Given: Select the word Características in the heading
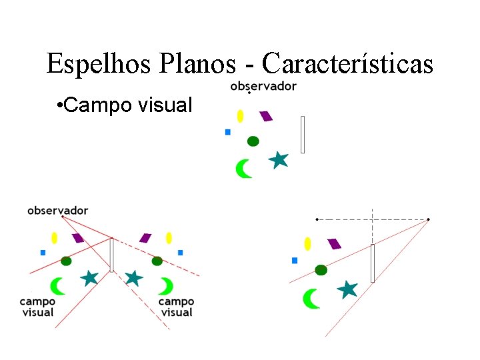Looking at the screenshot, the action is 347,64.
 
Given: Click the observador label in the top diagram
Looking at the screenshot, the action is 263,86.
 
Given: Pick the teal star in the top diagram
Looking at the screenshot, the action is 279,160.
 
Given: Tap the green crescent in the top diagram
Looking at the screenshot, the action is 244,168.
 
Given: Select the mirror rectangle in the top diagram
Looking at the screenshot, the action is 303,135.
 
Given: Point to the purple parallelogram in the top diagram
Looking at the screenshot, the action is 266,116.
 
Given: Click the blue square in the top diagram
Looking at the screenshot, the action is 228,132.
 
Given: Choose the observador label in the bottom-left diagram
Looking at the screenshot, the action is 57,211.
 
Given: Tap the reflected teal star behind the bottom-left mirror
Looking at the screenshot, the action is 134,277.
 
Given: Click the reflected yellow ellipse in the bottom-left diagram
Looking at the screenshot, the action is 169,237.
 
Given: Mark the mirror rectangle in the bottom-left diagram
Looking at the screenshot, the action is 112,255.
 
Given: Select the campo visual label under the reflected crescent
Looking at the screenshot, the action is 176,307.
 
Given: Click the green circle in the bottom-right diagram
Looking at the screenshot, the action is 321,270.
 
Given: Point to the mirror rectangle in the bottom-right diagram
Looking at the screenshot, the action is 373,263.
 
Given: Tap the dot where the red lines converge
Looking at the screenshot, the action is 428,219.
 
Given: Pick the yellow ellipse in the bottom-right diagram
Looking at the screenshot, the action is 307,243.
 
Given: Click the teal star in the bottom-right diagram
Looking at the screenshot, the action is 347,289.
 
